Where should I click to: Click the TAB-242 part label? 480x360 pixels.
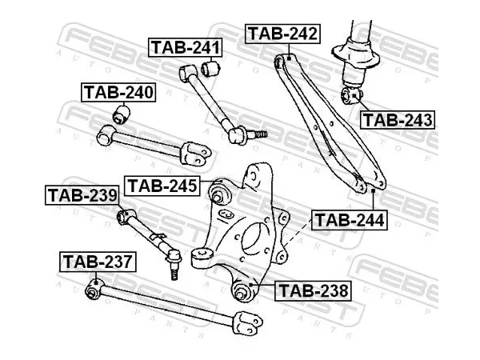[282, 34]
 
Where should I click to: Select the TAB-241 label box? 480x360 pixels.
[186, 47]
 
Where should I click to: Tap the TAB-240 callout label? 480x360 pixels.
[118, 92]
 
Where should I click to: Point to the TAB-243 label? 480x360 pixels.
[398, 120]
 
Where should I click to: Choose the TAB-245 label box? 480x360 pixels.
[162, 186]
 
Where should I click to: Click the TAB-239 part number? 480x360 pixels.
[82, 195]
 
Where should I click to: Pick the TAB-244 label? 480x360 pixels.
[350, 220]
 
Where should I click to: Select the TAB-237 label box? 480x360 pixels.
[98, 262]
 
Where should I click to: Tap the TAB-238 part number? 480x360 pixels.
[313, 290]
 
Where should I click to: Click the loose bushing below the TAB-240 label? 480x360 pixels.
[122, 114]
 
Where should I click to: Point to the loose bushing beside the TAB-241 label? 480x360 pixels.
[210, 68]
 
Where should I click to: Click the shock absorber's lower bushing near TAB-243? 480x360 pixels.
[351, 95]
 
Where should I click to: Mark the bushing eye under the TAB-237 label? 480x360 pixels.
[93, 290]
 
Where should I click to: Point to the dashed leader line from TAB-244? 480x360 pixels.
[298, 232]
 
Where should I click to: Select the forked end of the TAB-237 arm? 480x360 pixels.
[247, 322]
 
